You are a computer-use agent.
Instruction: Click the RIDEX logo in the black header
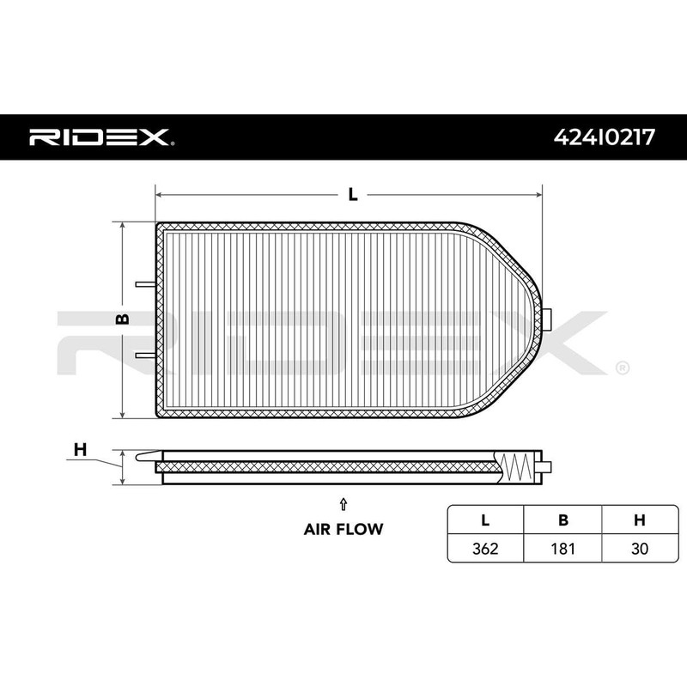[x=101, y=137]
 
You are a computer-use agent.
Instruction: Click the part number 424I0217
[x=604, y=137]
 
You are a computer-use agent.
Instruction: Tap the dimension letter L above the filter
[x=352, y=194]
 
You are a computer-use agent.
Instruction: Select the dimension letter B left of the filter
[x=123, y=319]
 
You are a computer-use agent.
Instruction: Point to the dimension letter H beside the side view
[x=80, y=448]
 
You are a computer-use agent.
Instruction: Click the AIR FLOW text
[x=343, y=529]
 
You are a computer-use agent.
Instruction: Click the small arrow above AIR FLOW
[x=343, y=504]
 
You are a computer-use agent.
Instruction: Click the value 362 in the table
[x=485, y=547]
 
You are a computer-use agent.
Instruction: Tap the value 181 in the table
[x=562, y=547]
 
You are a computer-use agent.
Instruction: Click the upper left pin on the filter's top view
[x=145, y=284]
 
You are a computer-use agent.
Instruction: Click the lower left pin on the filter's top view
[x=145, y=353]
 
